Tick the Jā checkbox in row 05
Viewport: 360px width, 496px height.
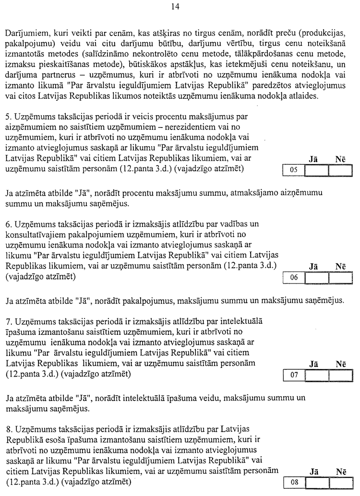(x=317, y=170)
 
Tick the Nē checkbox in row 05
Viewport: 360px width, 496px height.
(x=340, y=170)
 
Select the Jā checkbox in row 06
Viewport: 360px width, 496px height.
(x=317, y=278)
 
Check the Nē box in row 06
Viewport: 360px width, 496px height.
(x=340, y=278)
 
